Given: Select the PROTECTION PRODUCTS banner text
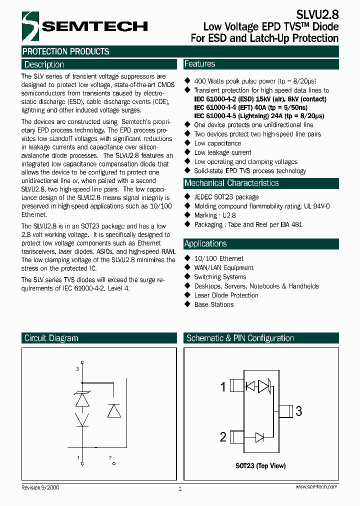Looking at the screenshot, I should coord(65,51).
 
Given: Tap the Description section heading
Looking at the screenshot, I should coord(44,64).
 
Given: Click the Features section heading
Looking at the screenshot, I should coord(199,64).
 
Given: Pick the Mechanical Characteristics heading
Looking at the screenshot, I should coord(231,183).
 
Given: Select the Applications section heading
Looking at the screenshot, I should coord(205,243).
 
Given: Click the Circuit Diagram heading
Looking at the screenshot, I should coord(51,338).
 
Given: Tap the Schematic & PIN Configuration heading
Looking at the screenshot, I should coord(240,338).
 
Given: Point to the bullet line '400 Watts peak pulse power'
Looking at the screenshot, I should coord(254,81).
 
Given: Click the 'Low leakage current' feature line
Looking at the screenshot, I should coord(222,152).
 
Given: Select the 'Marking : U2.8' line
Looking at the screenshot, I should coord(214,215).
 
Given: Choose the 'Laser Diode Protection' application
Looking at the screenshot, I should coord(226,295).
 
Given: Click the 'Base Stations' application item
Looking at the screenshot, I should coord(213,304).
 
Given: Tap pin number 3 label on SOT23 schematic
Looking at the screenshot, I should coord(299,411).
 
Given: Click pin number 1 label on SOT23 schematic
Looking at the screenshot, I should coord(223,386).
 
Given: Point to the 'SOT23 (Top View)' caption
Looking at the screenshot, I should coord(260,466).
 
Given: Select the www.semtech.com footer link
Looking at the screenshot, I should coord(316,486).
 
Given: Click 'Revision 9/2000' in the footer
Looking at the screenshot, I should coord(40,487).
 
